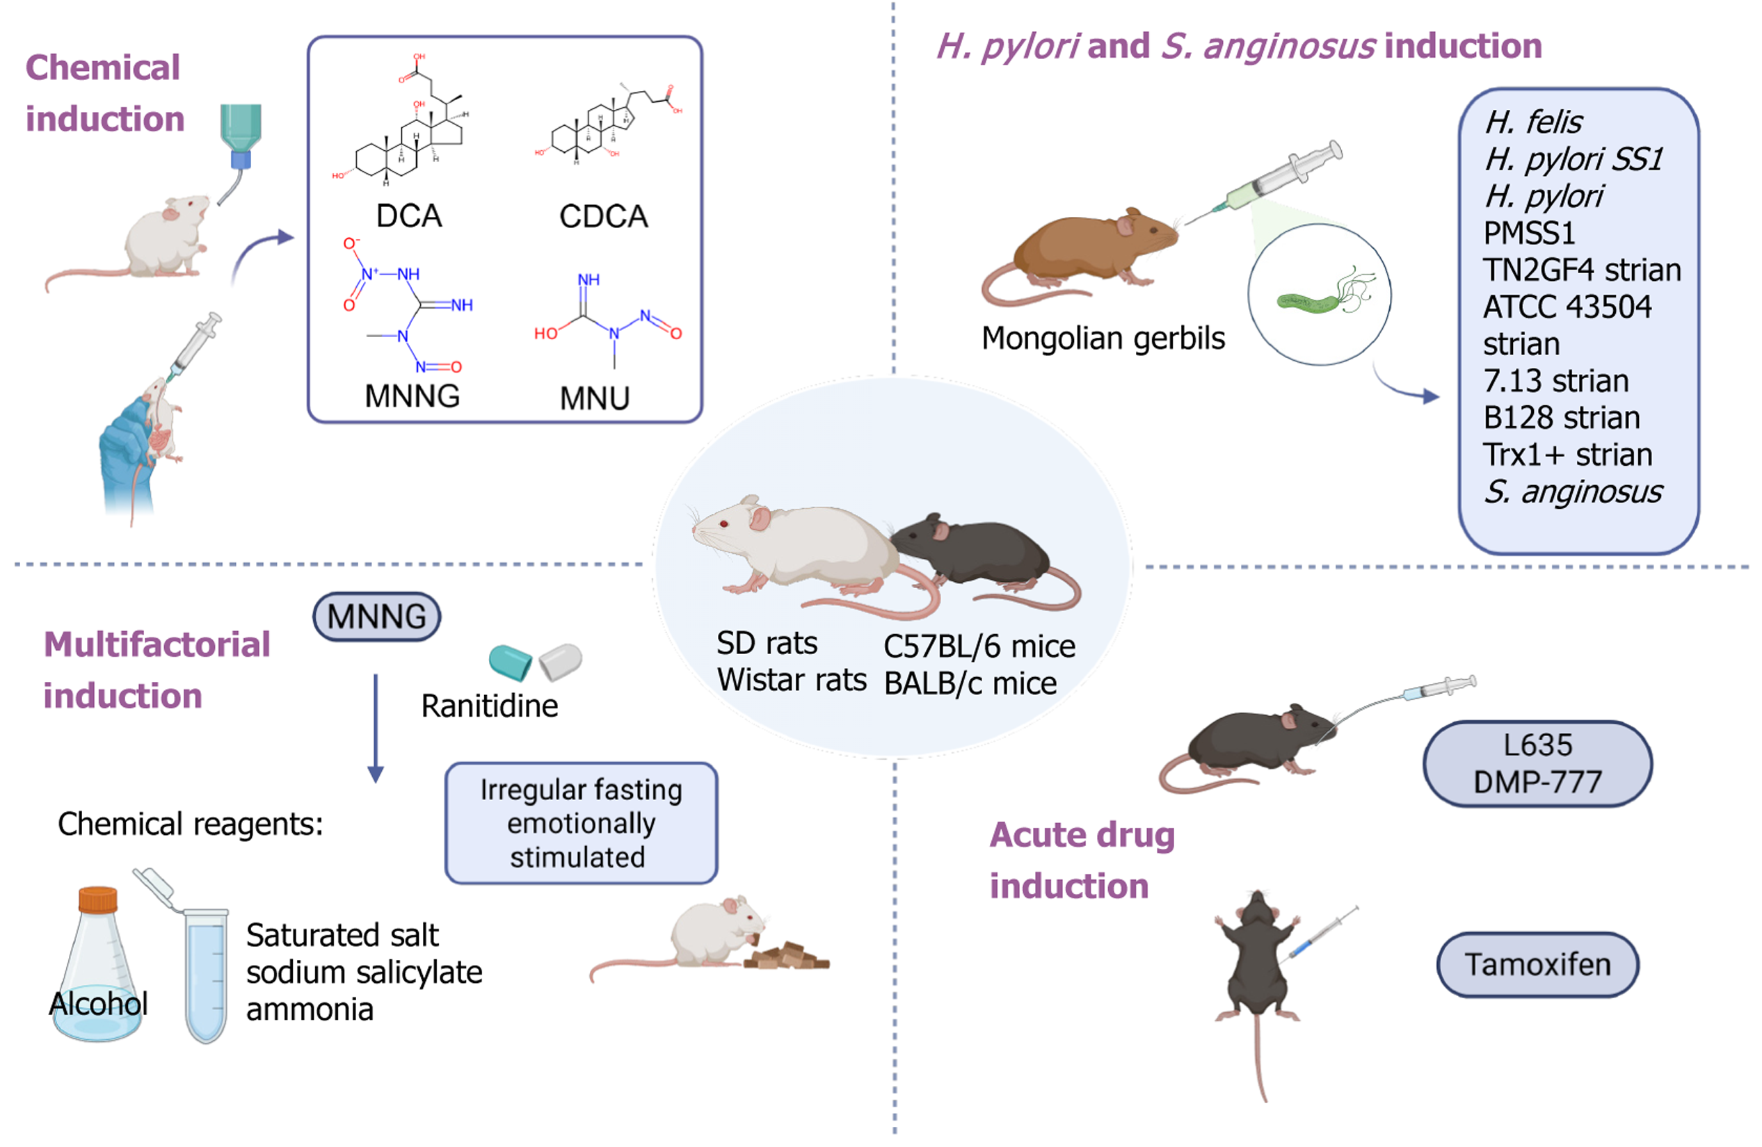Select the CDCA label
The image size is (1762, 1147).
click(x=603, y=217)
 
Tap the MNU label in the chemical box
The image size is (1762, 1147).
click(x=595, y=399)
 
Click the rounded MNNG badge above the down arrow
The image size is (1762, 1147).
click(x=377, y=617)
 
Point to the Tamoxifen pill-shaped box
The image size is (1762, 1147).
click(x=1538, y=965)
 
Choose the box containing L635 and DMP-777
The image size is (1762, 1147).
click(x=1538, y=764)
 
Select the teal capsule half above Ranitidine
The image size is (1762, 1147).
click(x=511, y=662)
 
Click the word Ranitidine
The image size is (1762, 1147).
click(x=489, y=706)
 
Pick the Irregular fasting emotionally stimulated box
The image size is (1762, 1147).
click(x=581, y=824)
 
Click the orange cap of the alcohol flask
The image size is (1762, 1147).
click(x=97, y=899)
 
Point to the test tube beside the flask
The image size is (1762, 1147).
click(x=206, y=973)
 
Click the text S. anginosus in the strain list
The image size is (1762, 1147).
click(x=1573, y=492)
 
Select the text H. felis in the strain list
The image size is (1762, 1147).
click(x=1533, y=122)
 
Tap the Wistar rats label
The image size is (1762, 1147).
click(x=792, y=680)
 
